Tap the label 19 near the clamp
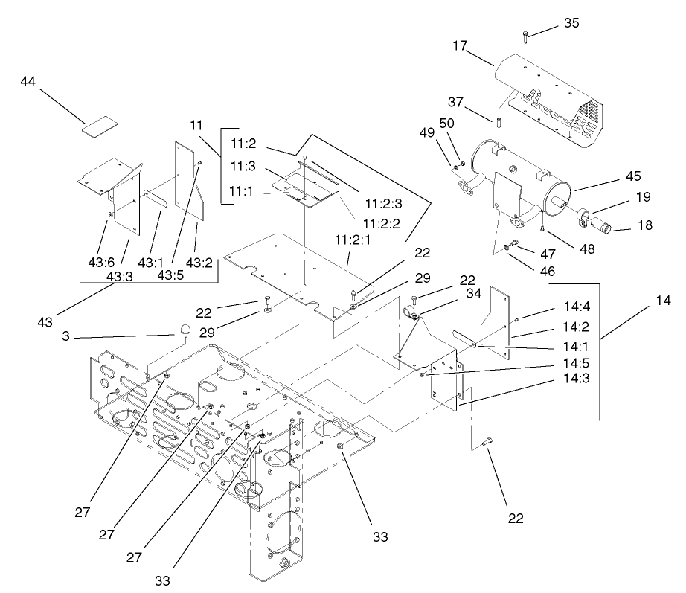[x=643, y=197]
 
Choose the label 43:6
[x=100, y=263]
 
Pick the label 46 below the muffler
[x=547, y=272]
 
